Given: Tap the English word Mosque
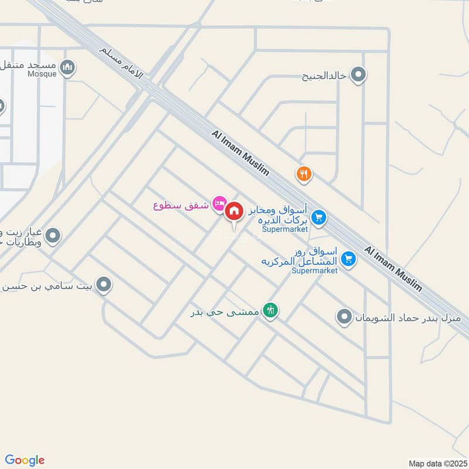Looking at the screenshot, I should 42,74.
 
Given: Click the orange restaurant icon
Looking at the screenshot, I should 304,174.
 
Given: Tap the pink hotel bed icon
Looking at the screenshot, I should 219,203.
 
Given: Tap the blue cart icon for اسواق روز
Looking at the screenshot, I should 349,258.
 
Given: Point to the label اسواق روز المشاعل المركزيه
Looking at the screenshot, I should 300,256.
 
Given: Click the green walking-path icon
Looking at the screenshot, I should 270,310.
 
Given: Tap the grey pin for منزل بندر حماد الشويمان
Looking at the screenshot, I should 344,318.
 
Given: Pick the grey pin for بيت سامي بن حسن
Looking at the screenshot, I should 104,286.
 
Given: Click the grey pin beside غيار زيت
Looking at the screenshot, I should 53,236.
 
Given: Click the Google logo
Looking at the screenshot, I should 25,460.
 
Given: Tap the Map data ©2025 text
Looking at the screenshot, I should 437,463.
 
